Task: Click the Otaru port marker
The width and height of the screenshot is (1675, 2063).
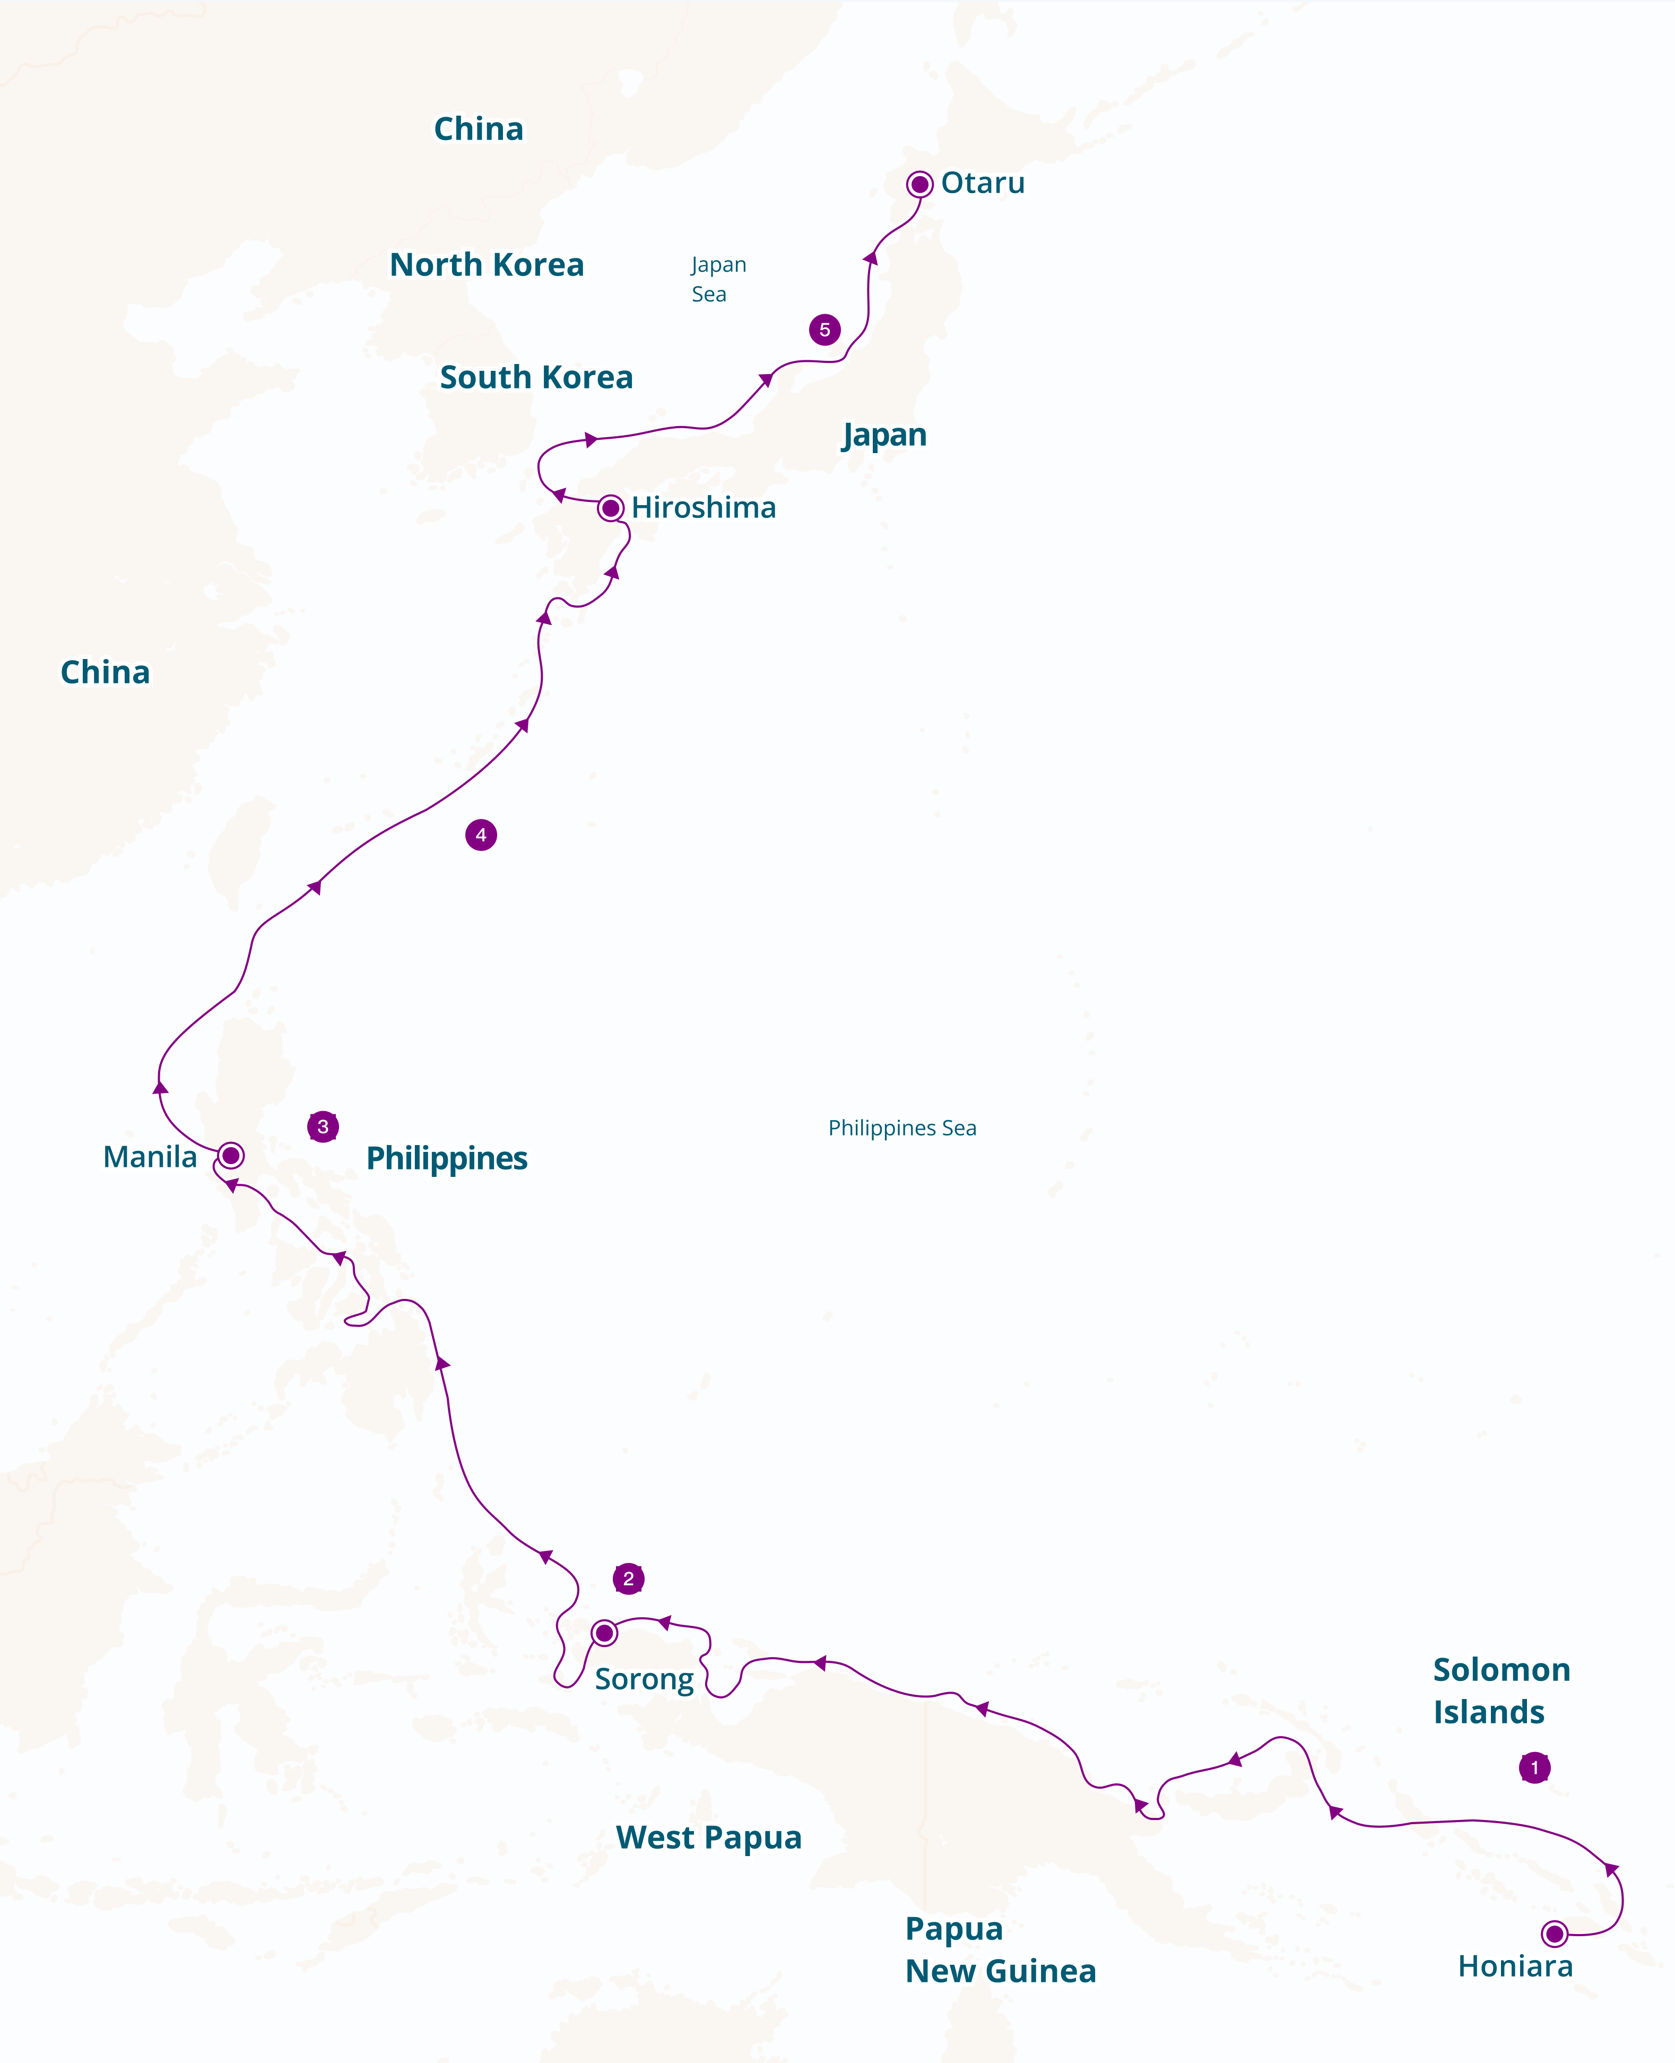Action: pos(919,184)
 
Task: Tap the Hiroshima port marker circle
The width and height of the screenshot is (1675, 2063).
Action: pos(610,508)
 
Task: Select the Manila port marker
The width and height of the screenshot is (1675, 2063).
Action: pos(231,1155)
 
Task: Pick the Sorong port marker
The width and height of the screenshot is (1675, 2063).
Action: pos(604,1633)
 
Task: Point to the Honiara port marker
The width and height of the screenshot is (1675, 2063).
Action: pos(1554,1934)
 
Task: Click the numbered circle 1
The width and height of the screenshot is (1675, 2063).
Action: pos(1534,1768)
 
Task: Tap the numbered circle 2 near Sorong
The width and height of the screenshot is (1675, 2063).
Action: pos(628,1579)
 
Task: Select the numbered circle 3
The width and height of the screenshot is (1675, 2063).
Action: pos(322,1126)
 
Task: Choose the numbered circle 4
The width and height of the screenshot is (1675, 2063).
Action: pos(481,835)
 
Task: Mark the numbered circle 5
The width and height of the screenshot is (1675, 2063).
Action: pos(824,330)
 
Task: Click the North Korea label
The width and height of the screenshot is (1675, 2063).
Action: pos(487,264)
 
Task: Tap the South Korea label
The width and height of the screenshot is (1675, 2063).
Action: pos(536,377)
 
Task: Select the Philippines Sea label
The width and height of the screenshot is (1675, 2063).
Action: pos(902,1128)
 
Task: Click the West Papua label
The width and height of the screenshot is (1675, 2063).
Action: pos(708,1837)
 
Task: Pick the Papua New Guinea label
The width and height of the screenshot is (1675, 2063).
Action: pos(1000,1949)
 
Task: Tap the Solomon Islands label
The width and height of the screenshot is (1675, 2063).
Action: pos(1500,1691)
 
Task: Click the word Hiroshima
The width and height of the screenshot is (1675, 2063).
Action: pos(704,508)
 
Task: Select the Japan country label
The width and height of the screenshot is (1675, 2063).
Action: pos(884,435)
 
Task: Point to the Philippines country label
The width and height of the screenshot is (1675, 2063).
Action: pos(447,1158)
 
